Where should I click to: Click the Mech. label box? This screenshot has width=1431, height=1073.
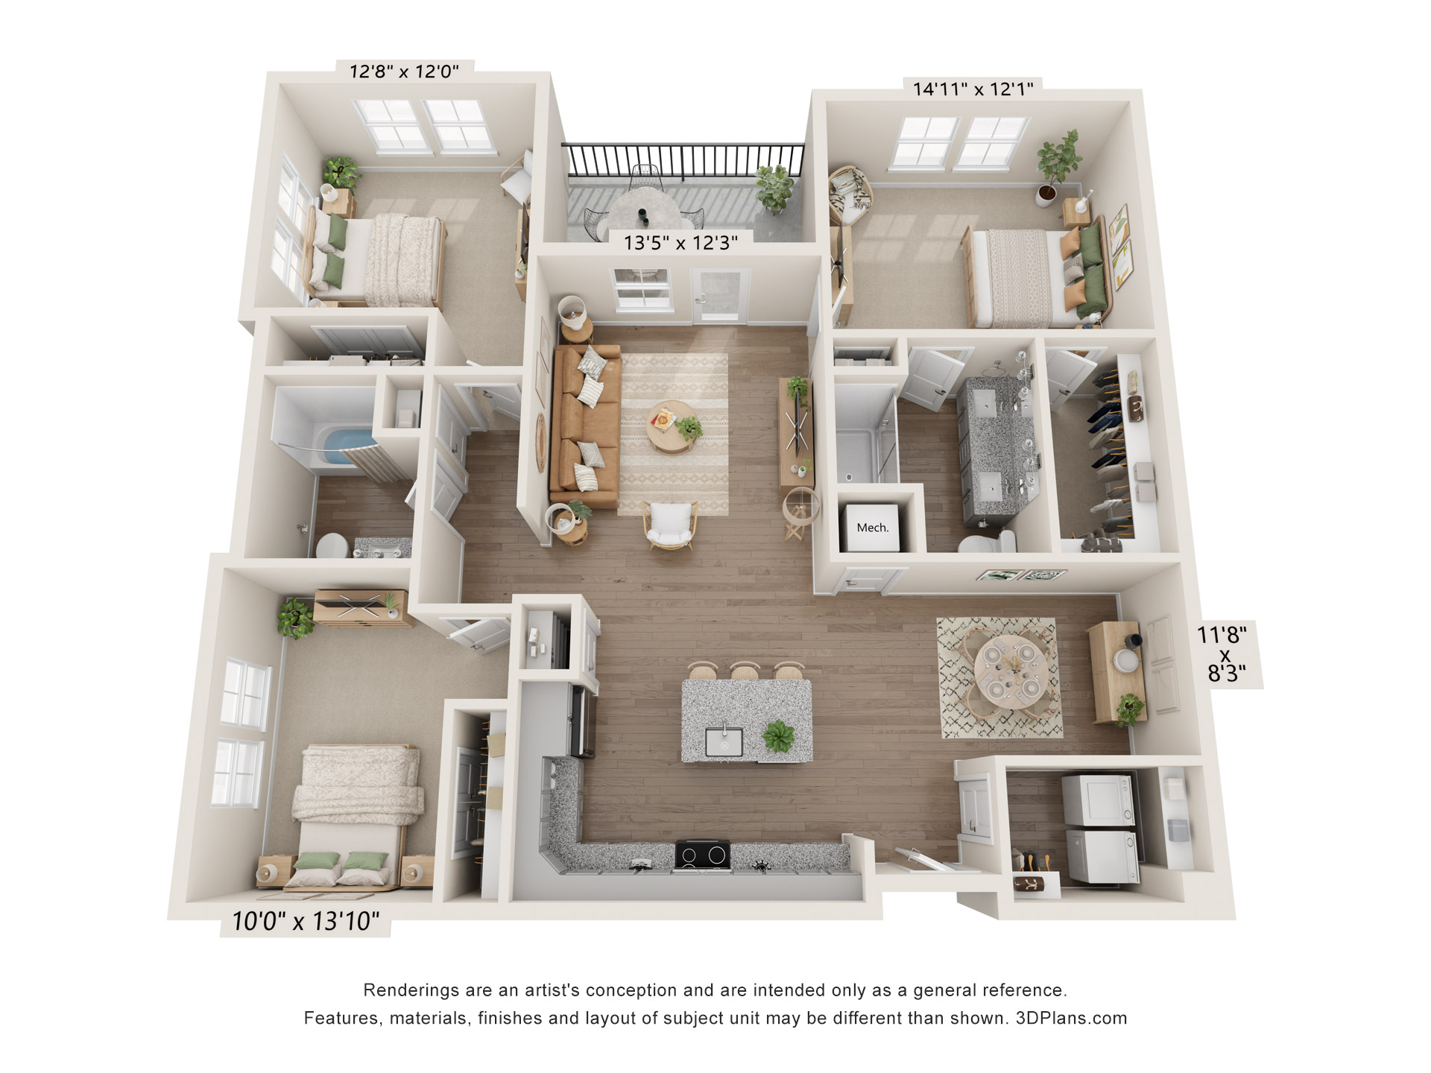(x=872, y=528)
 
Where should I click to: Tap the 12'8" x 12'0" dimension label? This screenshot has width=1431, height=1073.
(x=404, y=72)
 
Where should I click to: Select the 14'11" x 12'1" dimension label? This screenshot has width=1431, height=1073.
(x=973, y=89)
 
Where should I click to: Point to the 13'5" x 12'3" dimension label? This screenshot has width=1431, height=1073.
(x=680, y=243)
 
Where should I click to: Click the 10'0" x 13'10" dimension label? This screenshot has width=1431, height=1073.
(x=306, y=922)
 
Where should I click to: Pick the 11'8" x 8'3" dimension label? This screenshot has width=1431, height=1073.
(x=1222, y=654)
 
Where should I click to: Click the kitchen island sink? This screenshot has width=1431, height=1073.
(x=724, y=741)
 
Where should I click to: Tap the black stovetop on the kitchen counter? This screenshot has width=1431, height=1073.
(x=702, y=855)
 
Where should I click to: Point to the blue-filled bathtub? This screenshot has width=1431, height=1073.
(x=347, y=446)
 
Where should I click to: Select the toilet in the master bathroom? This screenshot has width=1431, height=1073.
(x=988, y=542)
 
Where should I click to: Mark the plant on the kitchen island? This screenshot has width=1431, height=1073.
(x=780, y=737)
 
